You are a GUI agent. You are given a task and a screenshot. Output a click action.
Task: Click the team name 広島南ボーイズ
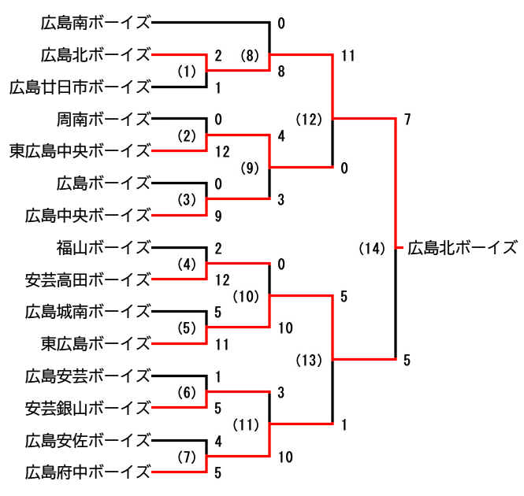[95, 23]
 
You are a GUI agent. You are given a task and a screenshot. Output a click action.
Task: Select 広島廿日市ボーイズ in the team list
[80, 87]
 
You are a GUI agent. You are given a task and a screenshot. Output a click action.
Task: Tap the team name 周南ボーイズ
[103, 119]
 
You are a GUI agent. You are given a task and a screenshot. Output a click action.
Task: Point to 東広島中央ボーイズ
[80, 150]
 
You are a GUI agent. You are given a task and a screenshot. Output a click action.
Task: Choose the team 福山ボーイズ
[103, 247]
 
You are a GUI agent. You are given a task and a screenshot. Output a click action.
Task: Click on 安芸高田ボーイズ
[87, 279]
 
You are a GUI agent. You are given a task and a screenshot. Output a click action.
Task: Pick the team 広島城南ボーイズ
[87, 312]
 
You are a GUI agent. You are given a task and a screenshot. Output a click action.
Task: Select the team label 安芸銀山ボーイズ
[87, 408]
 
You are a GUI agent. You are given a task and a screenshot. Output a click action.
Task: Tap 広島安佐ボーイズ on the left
[87, 439]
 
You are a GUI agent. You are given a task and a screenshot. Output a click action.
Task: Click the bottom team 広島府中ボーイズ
[87, 472]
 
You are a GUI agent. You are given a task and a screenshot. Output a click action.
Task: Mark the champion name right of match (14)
[463, 249]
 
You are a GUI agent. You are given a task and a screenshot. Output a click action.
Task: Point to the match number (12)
[310, 120]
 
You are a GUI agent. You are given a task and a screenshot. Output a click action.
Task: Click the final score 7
[407, 120]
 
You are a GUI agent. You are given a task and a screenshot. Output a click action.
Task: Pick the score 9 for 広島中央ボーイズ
[218, 215]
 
